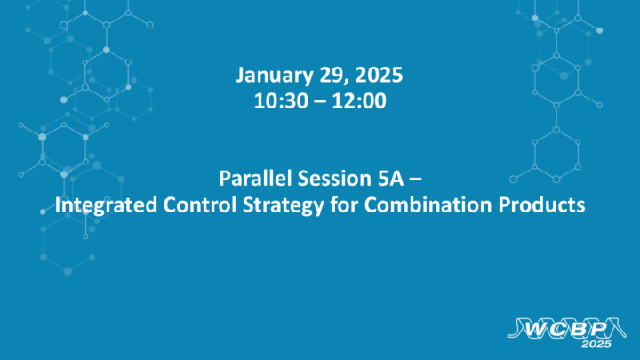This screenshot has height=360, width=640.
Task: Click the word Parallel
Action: pyautogui.click(x=252, y=178)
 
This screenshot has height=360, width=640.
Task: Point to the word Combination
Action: pyautogui.click(x=398, y=205)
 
